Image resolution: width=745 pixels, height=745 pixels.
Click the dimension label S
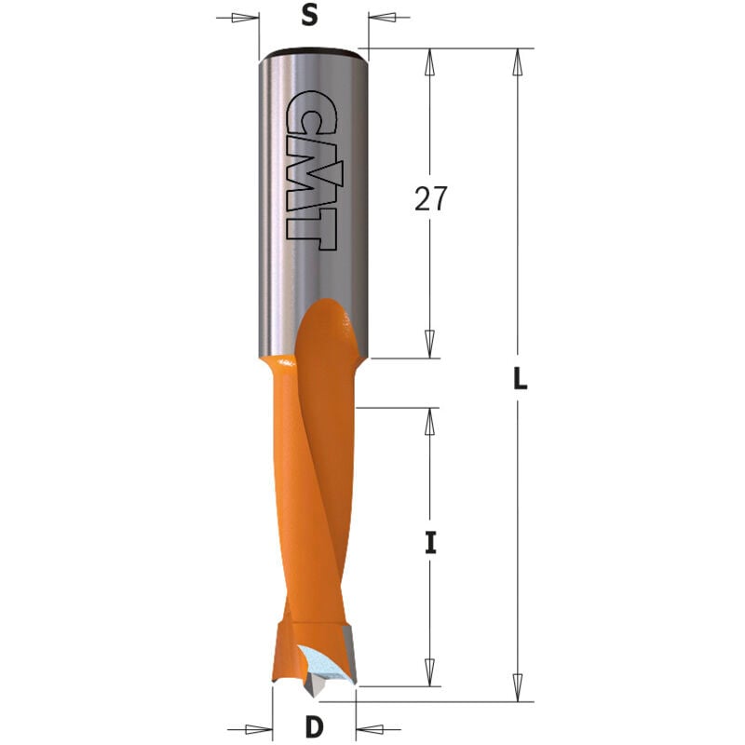tap(311, 15)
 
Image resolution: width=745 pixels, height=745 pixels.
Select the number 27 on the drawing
tap(429, 199)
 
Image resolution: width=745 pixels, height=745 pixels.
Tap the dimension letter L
tap(521, 378)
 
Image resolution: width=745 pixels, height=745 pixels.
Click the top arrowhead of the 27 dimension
tap(429, 61)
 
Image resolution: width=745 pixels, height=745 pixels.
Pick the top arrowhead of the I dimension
tap(429, 421)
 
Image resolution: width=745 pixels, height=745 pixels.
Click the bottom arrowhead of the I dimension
tap(429, 673)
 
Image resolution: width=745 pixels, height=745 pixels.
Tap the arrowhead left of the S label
tap(245, 17)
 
